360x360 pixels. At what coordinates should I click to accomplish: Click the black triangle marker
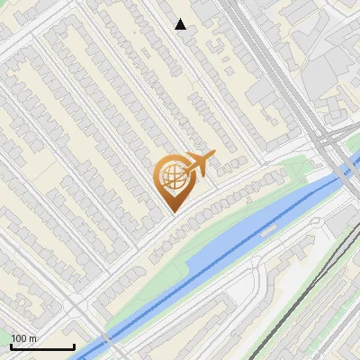pyautogui.click(x=181, y=24)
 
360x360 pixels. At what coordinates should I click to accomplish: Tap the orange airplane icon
pyautogui.click(x=198, y=165)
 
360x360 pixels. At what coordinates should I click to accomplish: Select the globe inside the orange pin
pyautogui.click(x=171, y=176)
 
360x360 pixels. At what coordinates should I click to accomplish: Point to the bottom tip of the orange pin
pyautogui.click(x=172, y=212)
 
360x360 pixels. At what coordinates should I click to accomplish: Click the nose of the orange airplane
pyautogui.click(x=213, y=154)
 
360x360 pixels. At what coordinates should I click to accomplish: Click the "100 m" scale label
pyautogui.click(x=23, y=338)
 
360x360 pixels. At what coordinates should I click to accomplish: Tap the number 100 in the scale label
pyautogui.click(x=19, y=338)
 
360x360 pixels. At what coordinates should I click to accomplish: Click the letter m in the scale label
pyautogui.click(x=32, y=338)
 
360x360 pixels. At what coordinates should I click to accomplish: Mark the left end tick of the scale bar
pyautogui.click(x=11, y=346)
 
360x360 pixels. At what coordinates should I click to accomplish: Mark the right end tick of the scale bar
pyautogui.click(x=74, y=346)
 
